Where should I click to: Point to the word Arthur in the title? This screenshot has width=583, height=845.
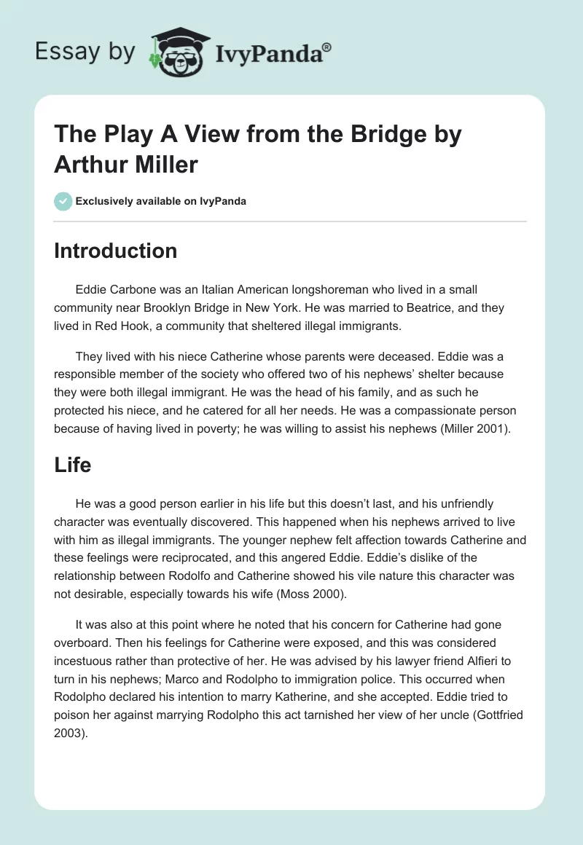(x=87, y=164)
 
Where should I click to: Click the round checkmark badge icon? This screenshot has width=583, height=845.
(x=63, y=202)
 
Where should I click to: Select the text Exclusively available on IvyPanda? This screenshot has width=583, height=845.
(x=161, y=202)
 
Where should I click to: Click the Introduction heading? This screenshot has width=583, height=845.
(x=115, y=251)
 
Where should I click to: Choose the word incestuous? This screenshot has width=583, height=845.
(x=85, y=661)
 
